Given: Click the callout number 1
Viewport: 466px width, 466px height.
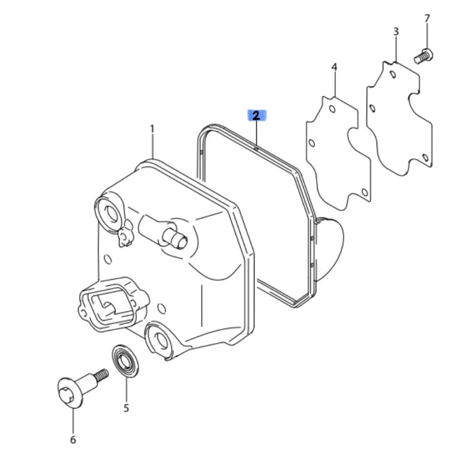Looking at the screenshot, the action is click(x=152, y=129).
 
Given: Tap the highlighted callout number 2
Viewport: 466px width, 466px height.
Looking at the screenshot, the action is click(x=256, y=115).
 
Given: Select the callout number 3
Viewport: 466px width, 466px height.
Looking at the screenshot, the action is click(x=396, y=31).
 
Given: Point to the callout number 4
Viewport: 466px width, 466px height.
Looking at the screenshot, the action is click(x=334, y=67).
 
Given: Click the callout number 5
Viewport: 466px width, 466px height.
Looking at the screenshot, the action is click(x=126, y=408).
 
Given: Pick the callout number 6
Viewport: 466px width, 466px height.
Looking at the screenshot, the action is click(x=73, y=440).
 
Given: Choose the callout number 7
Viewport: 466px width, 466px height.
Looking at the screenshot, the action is click(x=427, y=19).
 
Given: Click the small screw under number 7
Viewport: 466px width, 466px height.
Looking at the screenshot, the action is click(x=423, y=56).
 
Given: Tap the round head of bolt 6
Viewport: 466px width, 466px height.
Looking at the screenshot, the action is click(x=69, y=393).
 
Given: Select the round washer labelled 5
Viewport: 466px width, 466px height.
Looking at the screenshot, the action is click(x=125, y=361).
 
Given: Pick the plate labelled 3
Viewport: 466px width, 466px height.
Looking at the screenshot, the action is click(x=400, y=119).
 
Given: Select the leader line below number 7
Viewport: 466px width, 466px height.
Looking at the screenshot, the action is click(x=427, y=36).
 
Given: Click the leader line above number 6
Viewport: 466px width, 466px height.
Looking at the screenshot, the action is click(x=73, y=421).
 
